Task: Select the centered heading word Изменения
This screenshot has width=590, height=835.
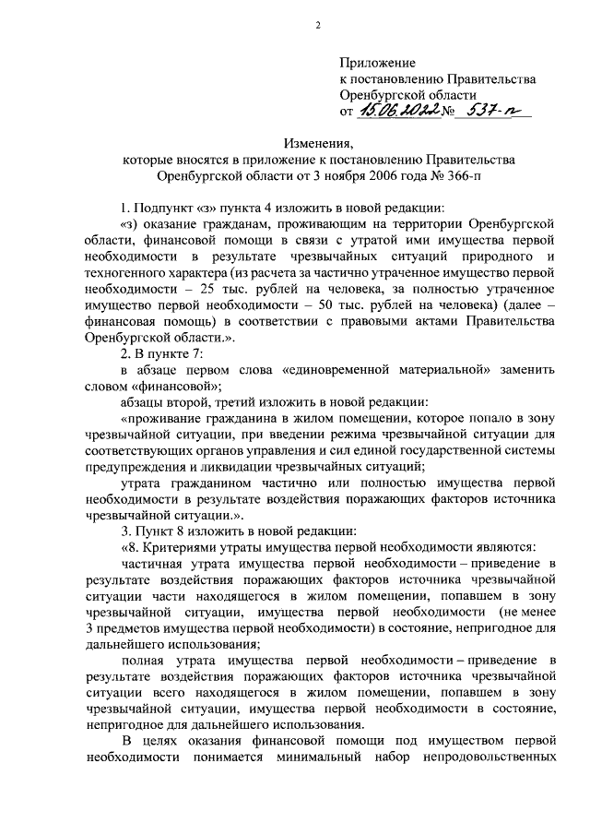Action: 319,144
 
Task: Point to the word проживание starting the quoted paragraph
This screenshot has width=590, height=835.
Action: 159,418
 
